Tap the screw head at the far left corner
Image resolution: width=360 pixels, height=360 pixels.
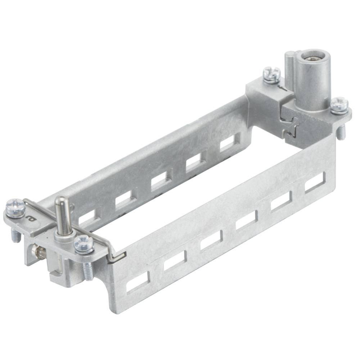pyautogui.click(x=15, y=207)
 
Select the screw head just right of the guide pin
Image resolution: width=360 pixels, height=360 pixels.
pyautogui.click(x=84, y=244)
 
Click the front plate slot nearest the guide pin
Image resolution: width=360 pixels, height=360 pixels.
pyautogui.click(x=138, y=282)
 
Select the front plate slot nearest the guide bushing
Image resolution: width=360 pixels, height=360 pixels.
pyautogui.click(x=315, y=183)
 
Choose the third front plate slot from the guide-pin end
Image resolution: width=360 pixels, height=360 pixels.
pyautogui.click(x=211, y=240)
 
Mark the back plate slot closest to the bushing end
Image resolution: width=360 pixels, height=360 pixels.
pyautogui.click(x=229, y=142)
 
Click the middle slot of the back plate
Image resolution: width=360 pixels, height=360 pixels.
pyautogui.click(x=160, y=180)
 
